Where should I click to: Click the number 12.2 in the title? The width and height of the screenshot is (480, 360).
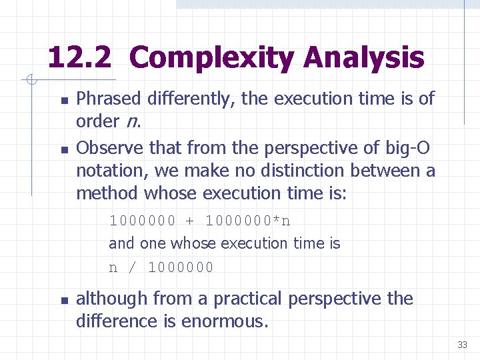pyautogui.click(x=79, y=58)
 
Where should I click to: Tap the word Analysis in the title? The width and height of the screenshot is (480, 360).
pyautogui.click(x=363, y=58)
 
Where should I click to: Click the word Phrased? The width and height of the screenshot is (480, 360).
pyautogui.click(x=108, y=99)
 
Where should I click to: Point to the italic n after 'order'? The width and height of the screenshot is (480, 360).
pyautogui.click(x=131, y=122)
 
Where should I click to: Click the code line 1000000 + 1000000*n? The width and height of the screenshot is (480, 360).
pyautogui.click(x=200, y=221)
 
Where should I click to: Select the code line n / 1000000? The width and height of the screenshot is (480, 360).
pyautogui.click(x=161, y=267)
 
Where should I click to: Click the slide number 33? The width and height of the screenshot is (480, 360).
pyautogui.click(x=462, y=345)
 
